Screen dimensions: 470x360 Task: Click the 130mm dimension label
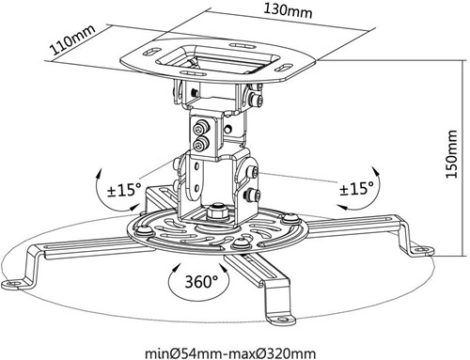point(288,10)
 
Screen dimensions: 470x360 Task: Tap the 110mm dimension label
point(72,39)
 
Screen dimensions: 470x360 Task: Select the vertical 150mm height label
point(452,153)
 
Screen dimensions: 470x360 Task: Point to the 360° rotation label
point(201,281)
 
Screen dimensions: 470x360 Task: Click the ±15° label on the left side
point(124,190)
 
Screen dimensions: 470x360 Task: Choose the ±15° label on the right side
point(357,188)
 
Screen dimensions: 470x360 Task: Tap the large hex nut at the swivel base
point(216,211)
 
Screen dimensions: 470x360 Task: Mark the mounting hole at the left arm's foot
point(11,284)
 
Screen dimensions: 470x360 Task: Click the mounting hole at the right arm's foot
point(422,249)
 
